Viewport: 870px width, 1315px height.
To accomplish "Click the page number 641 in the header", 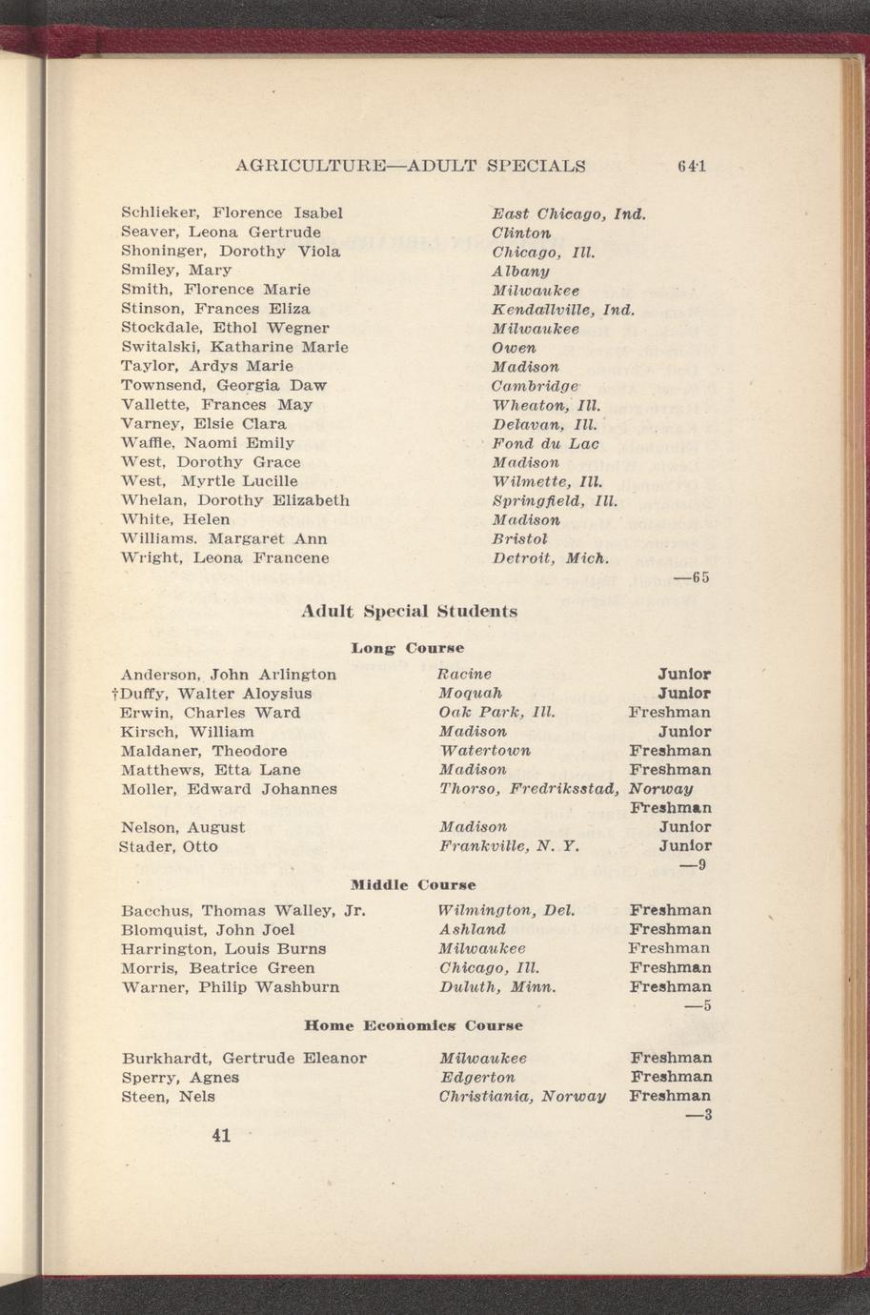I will [692, 166].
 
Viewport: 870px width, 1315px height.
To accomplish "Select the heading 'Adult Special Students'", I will [410, 611].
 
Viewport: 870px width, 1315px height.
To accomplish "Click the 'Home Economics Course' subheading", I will [413, 1026].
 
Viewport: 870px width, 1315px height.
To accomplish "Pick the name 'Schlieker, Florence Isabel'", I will [232, 212].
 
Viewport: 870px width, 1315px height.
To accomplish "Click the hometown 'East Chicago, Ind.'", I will [569, 212].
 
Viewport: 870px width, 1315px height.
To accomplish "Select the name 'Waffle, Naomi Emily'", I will [208, 443].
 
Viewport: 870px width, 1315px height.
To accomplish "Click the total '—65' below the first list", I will [693, 577].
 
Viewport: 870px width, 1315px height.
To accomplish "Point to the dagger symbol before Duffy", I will [114, 694].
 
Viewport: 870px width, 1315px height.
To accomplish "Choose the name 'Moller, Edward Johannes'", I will [229, 789].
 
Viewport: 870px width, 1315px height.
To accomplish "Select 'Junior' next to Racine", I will [684, 675].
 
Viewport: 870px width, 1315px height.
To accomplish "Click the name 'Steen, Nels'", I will [169, 1097].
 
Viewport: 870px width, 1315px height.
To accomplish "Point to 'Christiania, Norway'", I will [522, 1097].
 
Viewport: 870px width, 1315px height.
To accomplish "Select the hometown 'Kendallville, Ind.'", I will [562, 309].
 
